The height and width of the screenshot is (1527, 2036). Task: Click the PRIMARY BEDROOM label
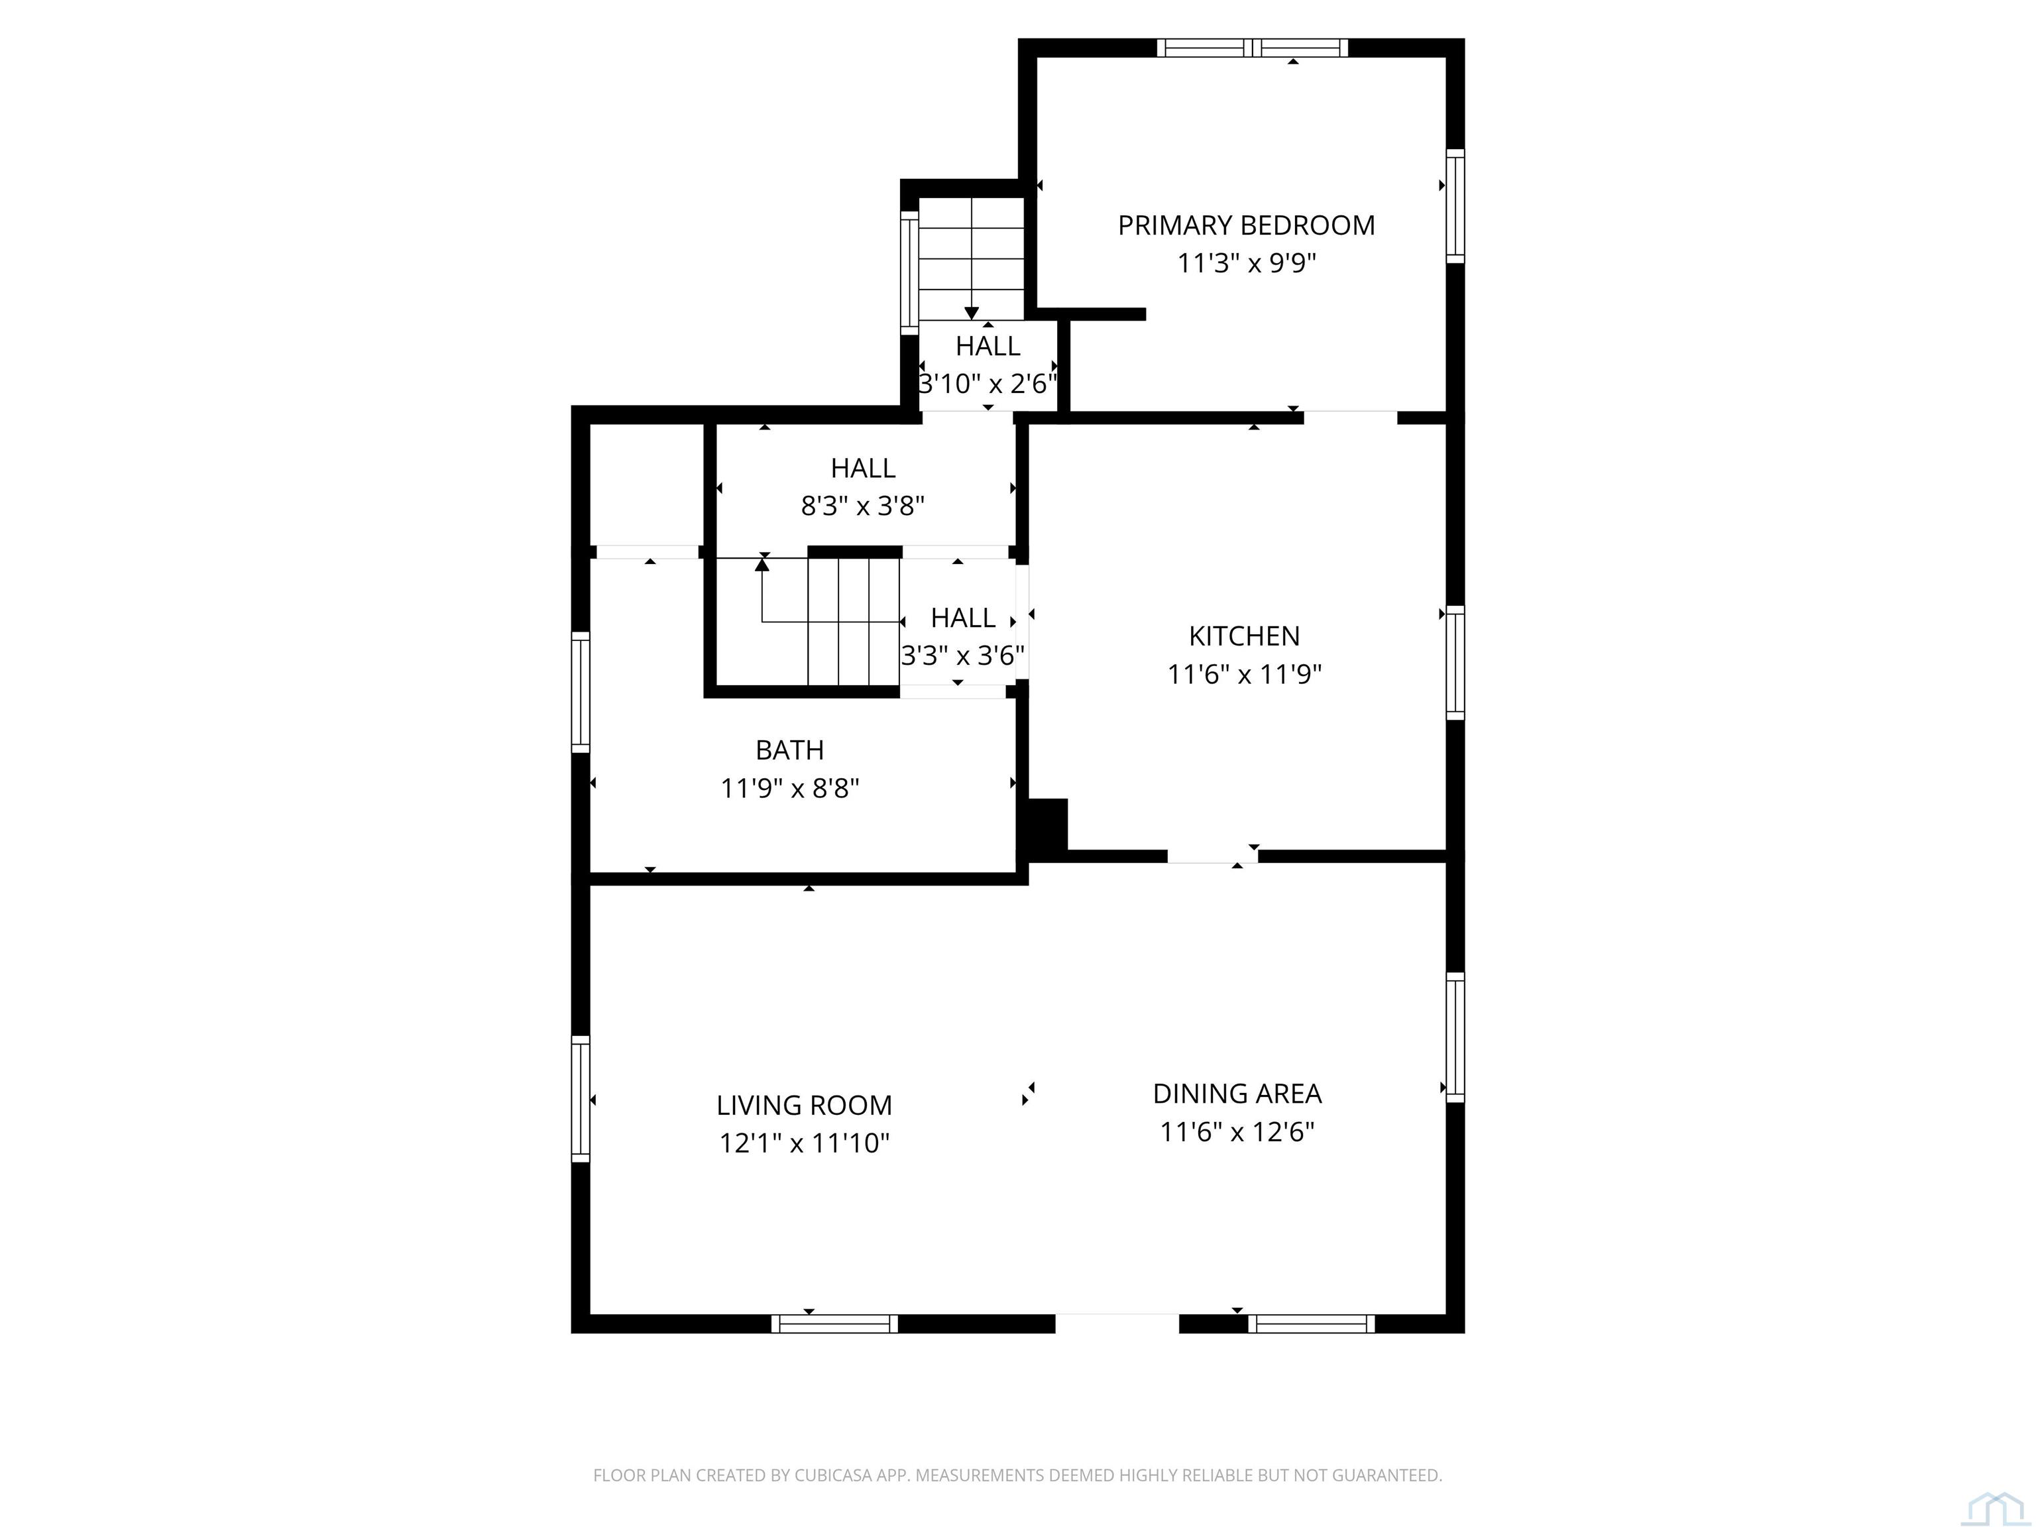[1245, 225]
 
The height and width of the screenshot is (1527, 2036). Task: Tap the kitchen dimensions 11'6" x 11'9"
[1245, 675]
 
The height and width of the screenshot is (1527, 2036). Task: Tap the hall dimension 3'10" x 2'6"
[988, 384]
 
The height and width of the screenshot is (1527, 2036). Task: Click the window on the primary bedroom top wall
[1252, 48]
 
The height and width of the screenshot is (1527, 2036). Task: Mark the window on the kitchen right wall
[1454, 663]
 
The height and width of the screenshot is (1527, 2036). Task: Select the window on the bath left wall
[580, 692]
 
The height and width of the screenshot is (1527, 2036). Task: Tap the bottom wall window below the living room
[834, 1324]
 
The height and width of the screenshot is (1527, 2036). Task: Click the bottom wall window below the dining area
[1311, 1324]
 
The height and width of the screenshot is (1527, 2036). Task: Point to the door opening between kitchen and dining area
[1212, 856]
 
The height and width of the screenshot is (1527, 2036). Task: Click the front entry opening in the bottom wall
[1117, 1323]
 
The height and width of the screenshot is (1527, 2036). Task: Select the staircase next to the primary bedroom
[971, 258]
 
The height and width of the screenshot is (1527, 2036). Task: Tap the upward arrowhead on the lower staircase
[762, 564]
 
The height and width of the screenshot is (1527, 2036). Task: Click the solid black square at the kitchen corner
[1047, 824]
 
